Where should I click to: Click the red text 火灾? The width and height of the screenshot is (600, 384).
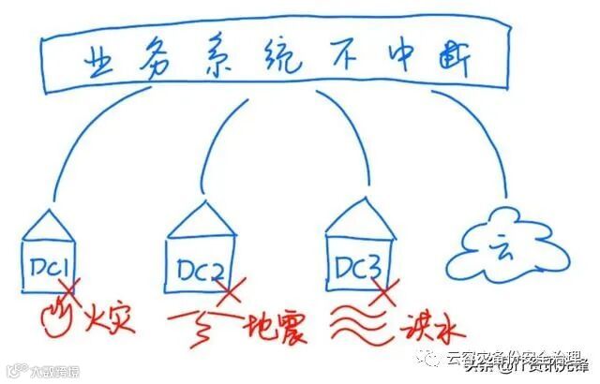(110, 317)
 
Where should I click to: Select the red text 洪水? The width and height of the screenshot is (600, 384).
(427, 327)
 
